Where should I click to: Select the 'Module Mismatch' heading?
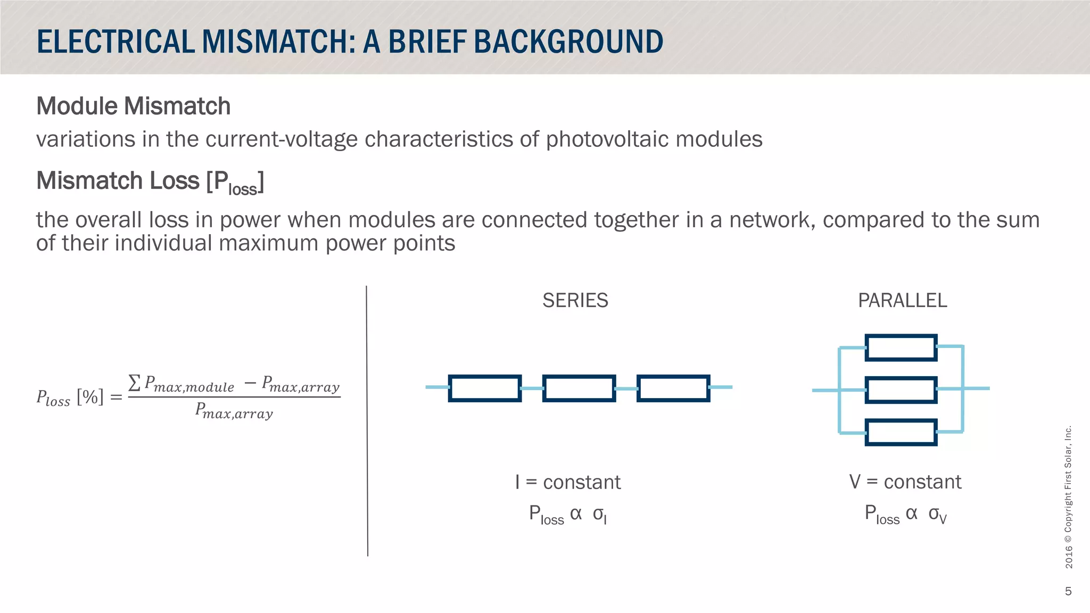133,106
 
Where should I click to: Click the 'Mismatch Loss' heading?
118,181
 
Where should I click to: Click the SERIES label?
575,301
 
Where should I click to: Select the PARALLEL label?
902,301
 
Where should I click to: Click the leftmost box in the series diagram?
484,388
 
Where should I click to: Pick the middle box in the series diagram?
579,388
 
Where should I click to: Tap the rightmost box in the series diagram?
673,388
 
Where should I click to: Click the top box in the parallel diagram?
901,347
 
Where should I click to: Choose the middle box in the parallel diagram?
901,390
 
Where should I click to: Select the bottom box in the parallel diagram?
901,432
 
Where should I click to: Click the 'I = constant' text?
567,482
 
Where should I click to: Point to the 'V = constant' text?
905,482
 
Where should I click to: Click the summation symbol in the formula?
135,382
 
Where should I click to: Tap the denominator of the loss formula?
234,411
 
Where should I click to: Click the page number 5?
1068,591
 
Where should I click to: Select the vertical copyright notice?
1068,497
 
